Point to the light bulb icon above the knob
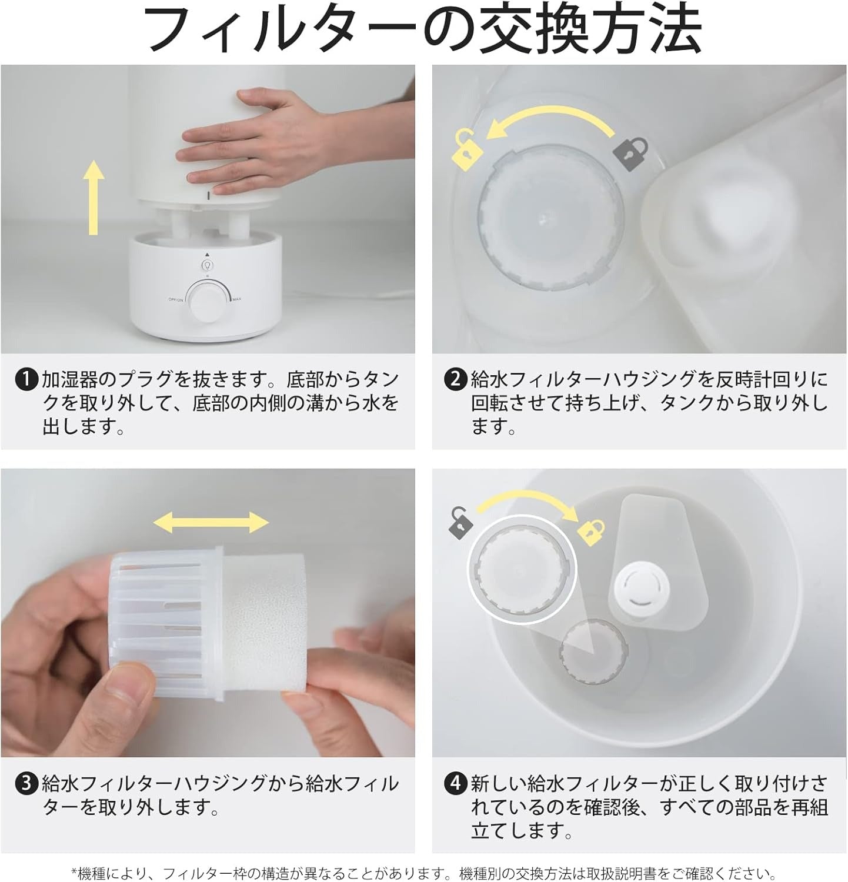tap(206, 266)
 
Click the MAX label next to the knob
tap(237, 300)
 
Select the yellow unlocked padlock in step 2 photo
tap(467, 149)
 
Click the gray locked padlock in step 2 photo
tap(630, 152)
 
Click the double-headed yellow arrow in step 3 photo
tap(211, 522)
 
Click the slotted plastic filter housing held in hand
tap(168, 623)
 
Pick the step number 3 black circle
tap(26, 783)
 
